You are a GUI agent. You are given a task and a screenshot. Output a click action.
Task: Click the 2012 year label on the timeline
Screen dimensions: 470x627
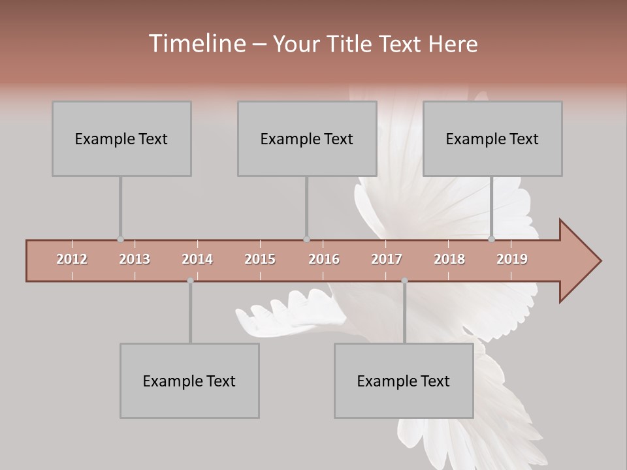tap(72, 259)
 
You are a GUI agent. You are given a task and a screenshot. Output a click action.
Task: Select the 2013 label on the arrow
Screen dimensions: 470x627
tap(135, 259)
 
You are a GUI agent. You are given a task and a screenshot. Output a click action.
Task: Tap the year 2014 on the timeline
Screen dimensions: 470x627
tap(197, 259)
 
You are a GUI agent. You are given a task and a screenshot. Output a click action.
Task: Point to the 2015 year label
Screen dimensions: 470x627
tap(260, 259)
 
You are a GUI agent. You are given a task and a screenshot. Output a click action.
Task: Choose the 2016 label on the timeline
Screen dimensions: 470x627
tap(324, 259)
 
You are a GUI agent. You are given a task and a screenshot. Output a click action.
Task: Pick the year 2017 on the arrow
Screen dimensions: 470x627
tap(387, 259)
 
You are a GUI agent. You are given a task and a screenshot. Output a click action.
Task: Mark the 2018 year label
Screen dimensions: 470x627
tap(449, 259)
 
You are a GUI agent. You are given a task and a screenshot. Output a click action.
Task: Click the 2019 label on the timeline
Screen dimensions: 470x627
tap(512, 259)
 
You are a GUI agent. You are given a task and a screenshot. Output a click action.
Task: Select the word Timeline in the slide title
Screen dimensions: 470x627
tap(196, 44)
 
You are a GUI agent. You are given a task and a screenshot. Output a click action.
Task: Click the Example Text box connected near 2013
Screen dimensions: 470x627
tap(121, 138)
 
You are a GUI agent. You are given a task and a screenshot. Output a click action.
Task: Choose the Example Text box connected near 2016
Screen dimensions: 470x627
tap(307, 138)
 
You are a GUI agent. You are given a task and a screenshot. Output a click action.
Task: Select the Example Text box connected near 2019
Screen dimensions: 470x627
tap(492, 138)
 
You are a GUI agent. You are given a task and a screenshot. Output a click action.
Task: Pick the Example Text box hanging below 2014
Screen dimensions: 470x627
tap(189, 381)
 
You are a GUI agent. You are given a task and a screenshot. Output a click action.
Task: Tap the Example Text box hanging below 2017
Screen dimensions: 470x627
tap(404, 381)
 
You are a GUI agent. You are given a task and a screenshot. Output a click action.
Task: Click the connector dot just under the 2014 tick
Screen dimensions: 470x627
tap(190, 281)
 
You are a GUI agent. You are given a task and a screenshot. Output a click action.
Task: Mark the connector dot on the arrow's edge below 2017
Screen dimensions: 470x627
tap(404, 281)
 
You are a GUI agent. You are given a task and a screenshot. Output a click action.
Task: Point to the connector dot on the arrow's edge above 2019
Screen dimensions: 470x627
tap(492, 240)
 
